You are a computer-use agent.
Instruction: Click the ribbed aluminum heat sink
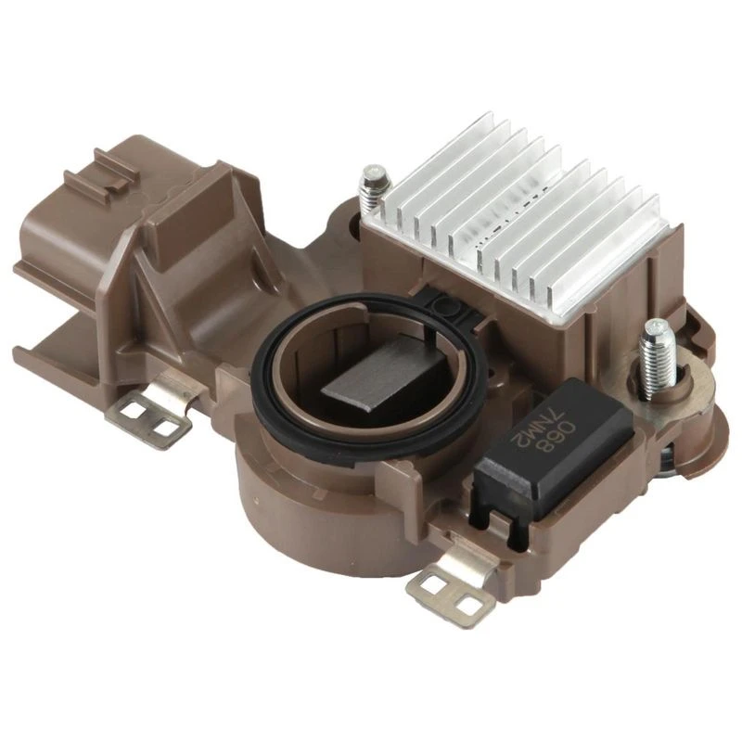tap(525, 218)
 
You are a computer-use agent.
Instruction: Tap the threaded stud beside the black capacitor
tap(658, 357)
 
